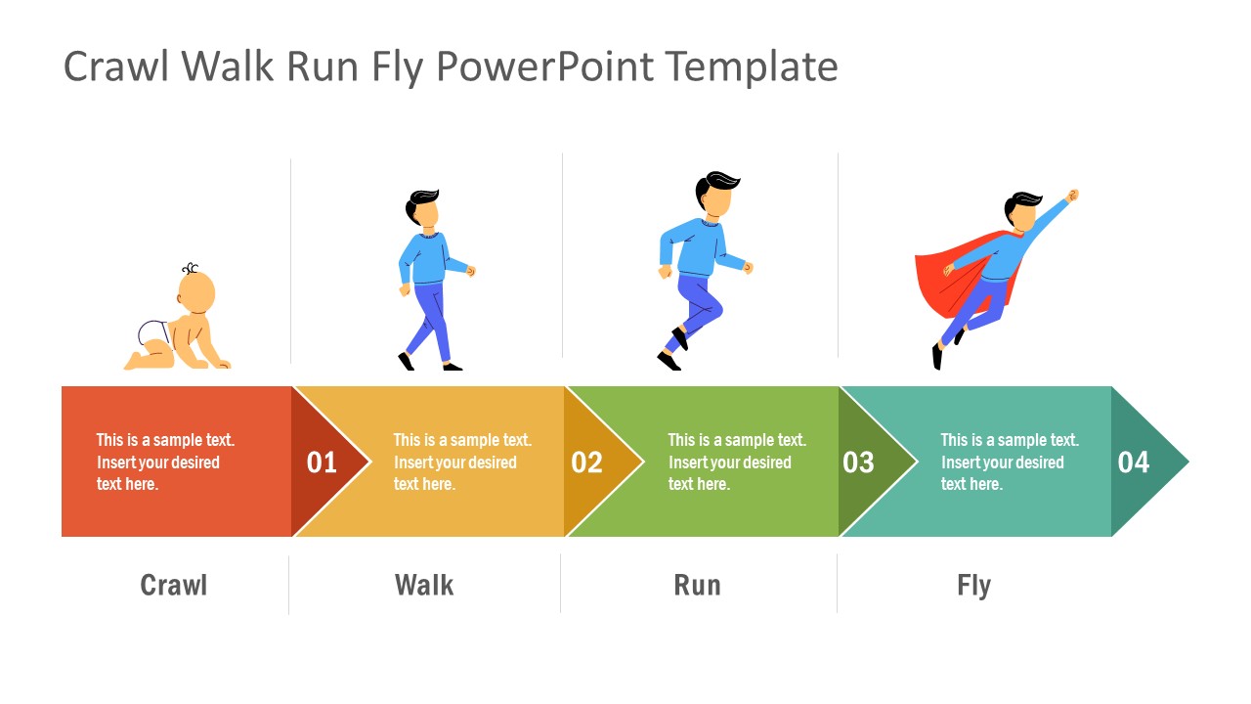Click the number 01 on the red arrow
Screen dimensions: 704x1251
(x=322, y=462)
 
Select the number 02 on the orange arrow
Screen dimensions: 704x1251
(x=586, y=462)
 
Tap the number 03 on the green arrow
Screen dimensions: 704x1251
(x=858, y=462)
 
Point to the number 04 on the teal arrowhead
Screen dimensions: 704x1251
(x=1134, y=462)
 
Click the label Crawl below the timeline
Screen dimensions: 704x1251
(x=174, y=586)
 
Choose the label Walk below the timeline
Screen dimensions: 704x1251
(x=424, y=586)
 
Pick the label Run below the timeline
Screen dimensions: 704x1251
(x=697, y=586)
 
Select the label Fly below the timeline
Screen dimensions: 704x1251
(x=973, y=586)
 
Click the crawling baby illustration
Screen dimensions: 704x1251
(x=181, y=323)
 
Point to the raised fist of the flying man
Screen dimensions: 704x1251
(x=1073, y=196)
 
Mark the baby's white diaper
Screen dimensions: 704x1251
(x=154, y=334)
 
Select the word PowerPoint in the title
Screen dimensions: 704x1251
(x=545, y=67)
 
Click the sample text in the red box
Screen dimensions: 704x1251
(x=165, y=462)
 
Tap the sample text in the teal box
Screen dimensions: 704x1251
(x=1010, y=462)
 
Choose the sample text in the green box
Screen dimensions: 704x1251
(x=737, y=462)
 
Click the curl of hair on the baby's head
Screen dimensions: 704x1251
(x=190, y=269)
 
